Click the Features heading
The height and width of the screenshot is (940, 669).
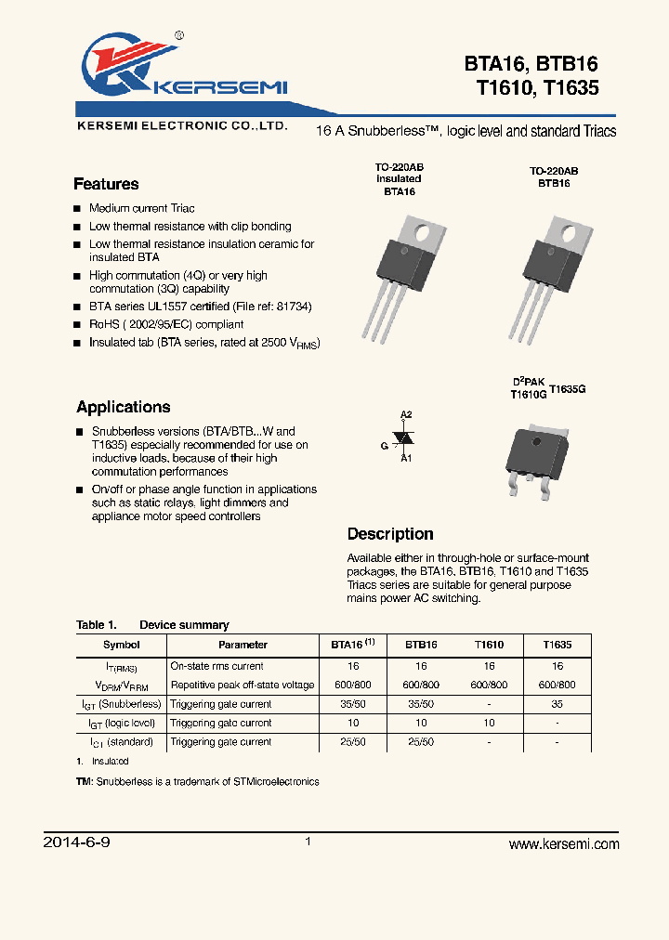point(106,184)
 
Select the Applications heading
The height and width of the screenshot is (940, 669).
point(124,407)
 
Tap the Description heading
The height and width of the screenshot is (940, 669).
point(390,534)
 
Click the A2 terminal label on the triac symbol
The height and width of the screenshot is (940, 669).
point(405,414)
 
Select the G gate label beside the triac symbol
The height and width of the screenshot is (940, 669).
point(384,445)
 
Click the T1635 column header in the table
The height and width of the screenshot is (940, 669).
point(557,645)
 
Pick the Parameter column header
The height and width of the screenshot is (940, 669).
point(243,645)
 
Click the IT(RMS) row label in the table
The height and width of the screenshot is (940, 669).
point(120,667)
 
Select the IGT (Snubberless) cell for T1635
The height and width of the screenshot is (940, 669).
point(557,704)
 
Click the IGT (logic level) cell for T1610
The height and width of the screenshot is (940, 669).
point(489,723)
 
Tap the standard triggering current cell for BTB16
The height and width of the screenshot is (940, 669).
point(421,742)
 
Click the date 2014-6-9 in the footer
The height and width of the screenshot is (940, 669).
point(77,843)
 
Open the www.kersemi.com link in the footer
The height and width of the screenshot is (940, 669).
point(564,844)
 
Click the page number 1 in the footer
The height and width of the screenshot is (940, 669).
point(308,842)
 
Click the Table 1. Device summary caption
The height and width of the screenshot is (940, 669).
point(152,625)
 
